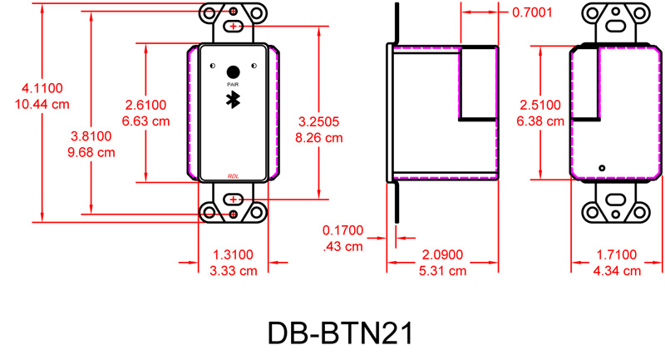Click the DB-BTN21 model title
tap(340, 332)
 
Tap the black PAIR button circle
tap(233, 72)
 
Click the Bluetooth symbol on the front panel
tap(233, 99)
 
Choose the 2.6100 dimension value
tap(145, 105)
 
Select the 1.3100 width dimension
tap(233, 254)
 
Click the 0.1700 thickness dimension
tap(342, 229)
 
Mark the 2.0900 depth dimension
tap(445, 254)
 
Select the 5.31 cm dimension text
tap(445, 271)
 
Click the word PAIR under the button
tap(233, 85)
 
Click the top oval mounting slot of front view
tap(233, 27)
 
